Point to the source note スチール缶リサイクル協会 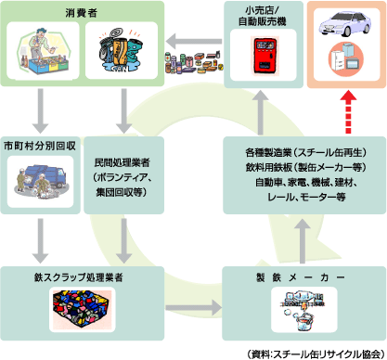pyautogui.click(x=314, y=353)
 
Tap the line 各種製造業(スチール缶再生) pyautogui.click(x=296, y=149)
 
